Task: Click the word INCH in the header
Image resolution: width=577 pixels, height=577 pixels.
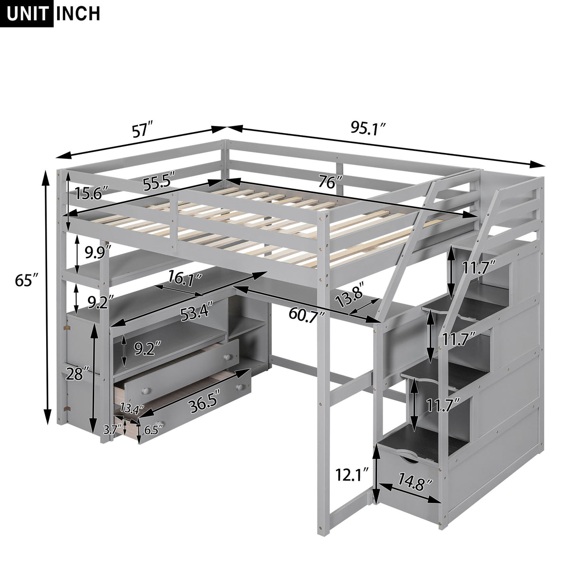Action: coord(78,13)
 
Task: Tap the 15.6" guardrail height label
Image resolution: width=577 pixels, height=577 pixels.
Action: coord(92,194)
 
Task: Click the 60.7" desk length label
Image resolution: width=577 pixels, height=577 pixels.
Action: coord(304,315)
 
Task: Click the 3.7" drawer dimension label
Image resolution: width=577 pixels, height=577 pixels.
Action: coord(110,430)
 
